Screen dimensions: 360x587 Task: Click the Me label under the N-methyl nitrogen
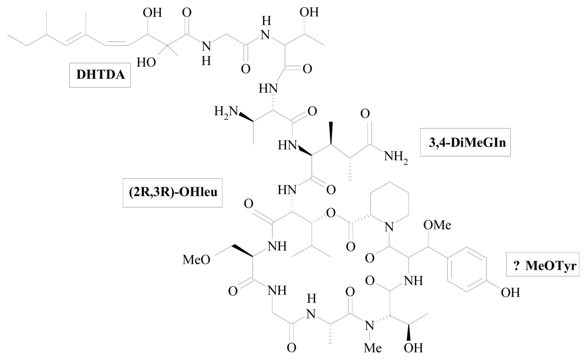370,346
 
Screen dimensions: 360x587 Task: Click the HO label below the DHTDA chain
146,62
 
